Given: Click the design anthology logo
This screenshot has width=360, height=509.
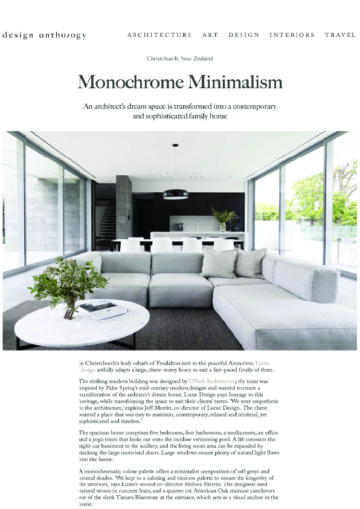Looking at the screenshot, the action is [x=44, y=35].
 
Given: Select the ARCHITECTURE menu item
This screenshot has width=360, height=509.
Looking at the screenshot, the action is [x=159, y=35].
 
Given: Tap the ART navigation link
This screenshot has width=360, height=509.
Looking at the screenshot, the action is [x=210, y=35].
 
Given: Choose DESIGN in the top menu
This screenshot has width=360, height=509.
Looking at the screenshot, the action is [x=244, y=35].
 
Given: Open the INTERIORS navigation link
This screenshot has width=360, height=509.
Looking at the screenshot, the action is [x=292, y=35].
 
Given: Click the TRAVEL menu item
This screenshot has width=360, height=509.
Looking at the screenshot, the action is [x=340, y=35].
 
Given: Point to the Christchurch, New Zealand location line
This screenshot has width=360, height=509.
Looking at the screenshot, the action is [x=180, y=59].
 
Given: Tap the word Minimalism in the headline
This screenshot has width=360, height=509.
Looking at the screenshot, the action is [x=232, y=82].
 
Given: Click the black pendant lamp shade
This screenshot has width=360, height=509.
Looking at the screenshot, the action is [x=176, y=194].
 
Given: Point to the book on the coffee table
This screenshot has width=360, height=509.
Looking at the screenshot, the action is [x=103, y=311].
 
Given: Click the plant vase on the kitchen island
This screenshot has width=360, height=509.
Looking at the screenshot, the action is [x=222, y=227].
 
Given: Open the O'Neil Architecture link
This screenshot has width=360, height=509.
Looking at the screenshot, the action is [x=211, y=381].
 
